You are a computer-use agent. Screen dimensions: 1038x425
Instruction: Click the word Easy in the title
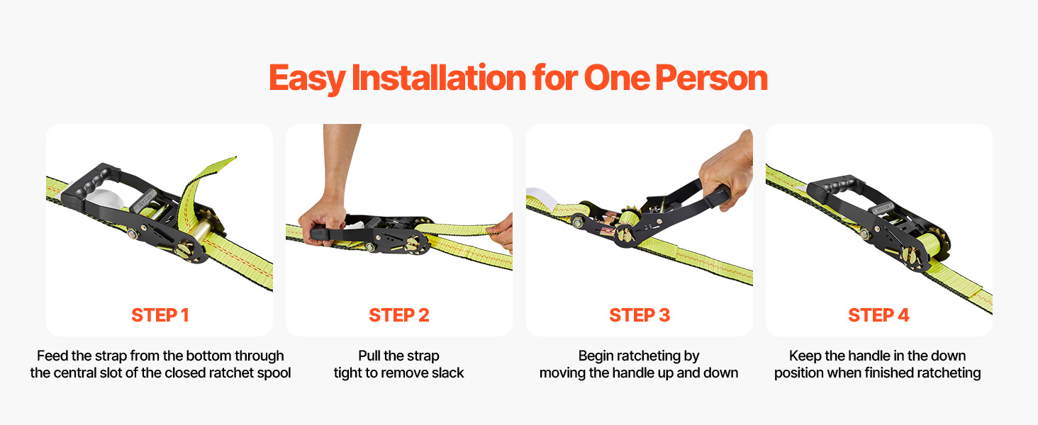[307, 79]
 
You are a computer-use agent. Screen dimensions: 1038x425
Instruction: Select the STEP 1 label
[160, 315]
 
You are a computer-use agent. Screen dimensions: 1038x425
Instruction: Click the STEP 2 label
[399, 315]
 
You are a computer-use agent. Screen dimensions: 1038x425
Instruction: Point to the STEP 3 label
[640, 315]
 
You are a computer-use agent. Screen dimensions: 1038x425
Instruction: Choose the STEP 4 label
[878, 315]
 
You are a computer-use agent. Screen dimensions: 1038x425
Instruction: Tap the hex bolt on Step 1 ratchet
[133, 234]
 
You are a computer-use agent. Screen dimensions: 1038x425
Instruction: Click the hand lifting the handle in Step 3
[727, 171]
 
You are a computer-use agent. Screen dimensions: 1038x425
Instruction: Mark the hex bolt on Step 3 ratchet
[578, 222]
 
